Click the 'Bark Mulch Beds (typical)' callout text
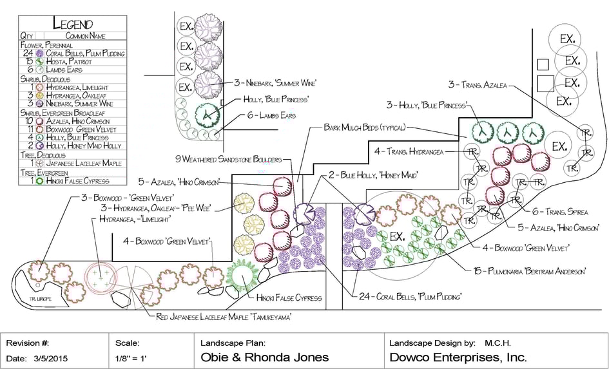(x=365, y=128)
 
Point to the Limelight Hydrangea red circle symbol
(x=99, y=277)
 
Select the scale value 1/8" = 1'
(x=135, y=357)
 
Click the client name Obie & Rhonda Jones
(x=265, y=357)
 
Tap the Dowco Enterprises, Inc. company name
(x=458, y=357)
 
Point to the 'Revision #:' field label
(x=28, y=343)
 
